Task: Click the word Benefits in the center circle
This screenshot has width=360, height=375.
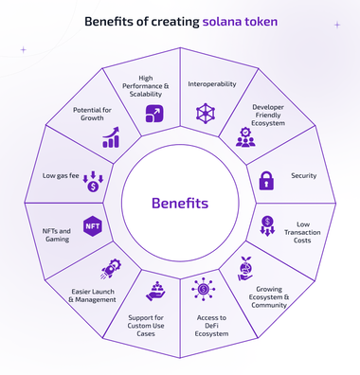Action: coord(180,203)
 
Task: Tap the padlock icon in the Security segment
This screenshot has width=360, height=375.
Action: coord(266,179)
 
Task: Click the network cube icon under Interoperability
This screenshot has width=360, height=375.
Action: coord(207,113)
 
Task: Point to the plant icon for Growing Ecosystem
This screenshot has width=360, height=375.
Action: coord(246,268)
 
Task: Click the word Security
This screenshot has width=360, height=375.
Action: coord(305,177)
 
